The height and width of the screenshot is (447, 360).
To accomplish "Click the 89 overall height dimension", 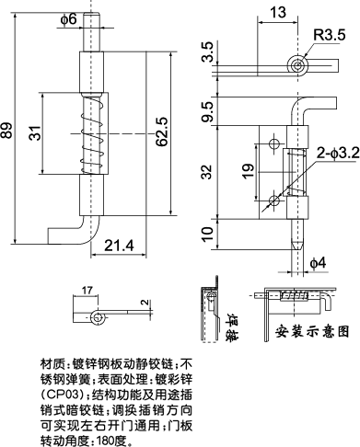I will click(8, 132).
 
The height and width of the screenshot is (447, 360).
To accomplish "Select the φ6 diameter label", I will click(68, 19).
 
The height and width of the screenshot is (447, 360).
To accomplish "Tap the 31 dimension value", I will click(34, 133).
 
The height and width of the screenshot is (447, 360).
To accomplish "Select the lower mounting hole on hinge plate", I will click(273, 199).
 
